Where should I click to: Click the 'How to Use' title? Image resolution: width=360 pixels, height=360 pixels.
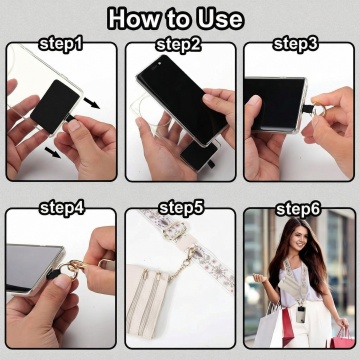tap(176, 19)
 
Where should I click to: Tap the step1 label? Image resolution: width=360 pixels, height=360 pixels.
tap(60, 44)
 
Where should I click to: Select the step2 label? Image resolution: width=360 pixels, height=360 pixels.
tap(178, 44)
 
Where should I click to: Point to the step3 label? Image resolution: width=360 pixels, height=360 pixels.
tap(296, 44)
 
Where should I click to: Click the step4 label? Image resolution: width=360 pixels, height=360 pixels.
tap(62, 208)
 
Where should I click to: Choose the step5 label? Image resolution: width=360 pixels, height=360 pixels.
tap(181, 208)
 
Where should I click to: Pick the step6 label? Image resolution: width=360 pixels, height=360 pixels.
tap(298, 209)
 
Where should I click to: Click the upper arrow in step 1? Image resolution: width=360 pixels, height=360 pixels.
tap(92, 103)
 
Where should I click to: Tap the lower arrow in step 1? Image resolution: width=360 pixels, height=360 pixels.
tap(53, 153)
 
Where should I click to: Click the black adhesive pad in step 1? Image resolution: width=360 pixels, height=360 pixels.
tap(55, 106)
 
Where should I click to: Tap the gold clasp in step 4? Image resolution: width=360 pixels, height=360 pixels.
tap(76, 267)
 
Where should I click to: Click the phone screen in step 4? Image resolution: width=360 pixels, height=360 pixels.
tap(33, 268)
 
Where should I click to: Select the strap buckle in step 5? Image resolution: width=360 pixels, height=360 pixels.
tap(175, 230)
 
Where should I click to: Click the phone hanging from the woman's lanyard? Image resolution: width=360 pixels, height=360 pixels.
tap(301, 314)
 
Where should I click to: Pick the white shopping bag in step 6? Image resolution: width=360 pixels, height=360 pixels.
tap(270, 328)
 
